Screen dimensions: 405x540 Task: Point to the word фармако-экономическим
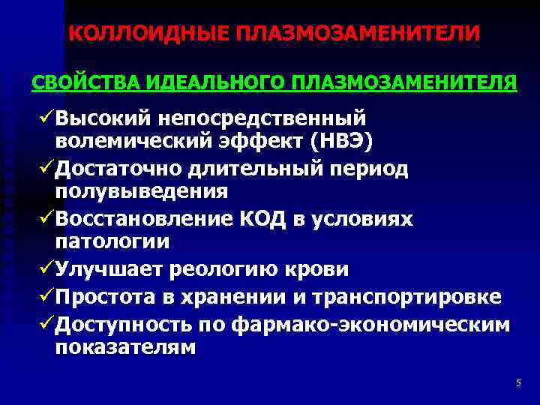point(370,324)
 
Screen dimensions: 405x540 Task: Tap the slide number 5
point(518,383)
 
